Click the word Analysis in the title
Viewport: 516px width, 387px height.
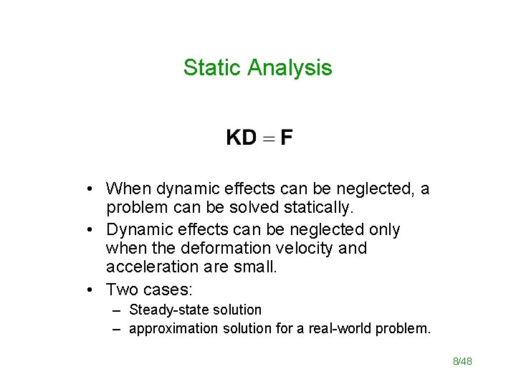point(290,67)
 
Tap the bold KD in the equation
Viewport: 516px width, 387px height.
point(241,137)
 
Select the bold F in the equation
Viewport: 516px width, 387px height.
point(286,137)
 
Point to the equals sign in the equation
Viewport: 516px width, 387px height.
point(267,138)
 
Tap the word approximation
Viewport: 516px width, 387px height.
point(173,328)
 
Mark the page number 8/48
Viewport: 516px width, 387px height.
point(462,361)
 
